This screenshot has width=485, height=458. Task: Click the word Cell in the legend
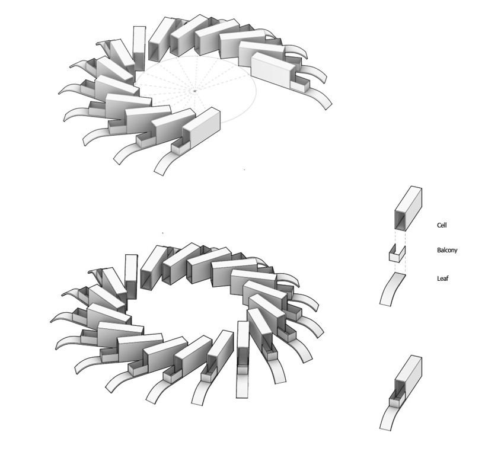(442, 225)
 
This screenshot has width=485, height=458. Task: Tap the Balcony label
(447, 250)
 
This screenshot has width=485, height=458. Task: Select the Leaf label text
(443, 278)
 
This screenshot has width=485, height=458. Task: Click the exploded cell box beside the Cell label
(409, 209)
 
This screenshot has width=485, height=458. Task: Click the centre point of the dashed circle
(194, 91)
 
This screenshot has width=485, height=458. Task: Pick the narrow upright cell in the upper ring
(139, 48)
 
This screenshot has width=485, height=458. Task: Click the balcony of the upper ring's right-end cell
(300, 84)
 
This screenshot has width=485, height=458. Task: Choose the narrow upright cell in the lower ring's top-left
(132, 276)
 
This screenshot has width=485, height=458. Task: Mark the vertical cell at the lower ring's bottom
(243, 344)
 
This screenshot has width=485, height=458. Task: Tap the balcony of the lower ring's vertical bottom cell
(242, 369)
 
